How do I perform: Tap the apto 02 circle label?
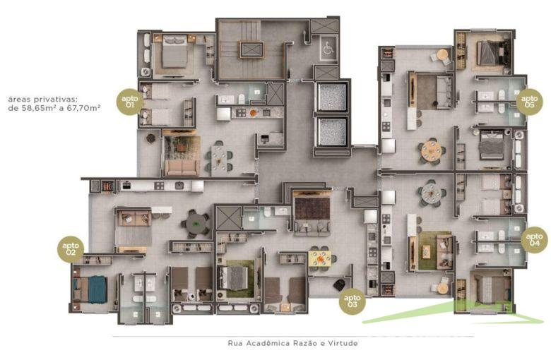pyautogui.click(x=71, y=248)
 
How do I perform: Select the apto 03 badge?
pyautogui.click(x=352, y=302)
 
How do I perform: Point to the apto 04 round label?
pyautogui.click(x=535, y=240)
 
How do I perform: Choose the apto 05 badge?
pyautogui.click(x=530, y=100)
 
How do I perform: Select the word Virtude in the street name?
pyautogui.click(x=342, y=344)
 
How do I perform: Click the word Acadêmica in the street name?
pyautogui.click(x=267, y=344)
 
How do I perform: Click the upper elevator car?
pyautogui.click(x=331, y=97)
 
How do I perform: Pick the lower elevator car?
pyautogui.click(x=331, y=131)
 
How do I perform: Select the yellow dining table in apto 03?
pyautogui.click(x=320, y=258)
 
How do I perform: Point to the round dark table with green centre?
pyautogui.click(x=196, y=222)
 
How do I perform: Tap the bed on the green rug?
pyautogui.click(x=233, y=277)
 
